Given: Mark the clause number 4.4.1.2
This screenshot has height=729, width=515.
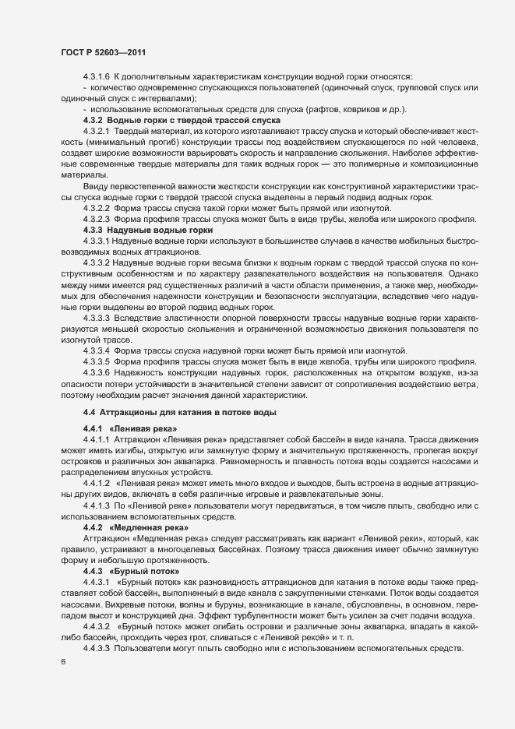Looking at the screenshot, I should pyautogui.click(x=96, y=484).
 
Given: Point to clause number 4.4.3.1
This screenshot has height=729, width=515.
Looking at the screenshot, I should pyautogui.click(x=96, y=583).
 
